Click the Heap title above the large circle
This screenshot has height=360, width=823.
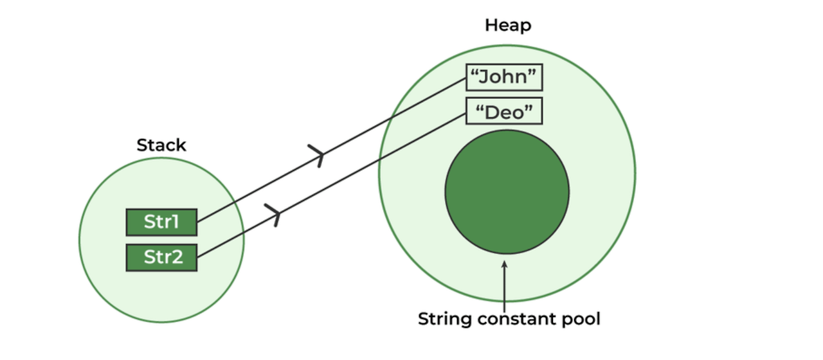click(x=508, y=26)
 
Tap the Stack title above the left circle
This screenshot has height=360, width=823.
click(x=161, y=145)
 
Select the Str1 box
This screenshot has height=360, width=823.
click(x=161, y=222)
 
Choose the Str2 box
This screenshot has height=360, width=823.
click(x=161, y=258)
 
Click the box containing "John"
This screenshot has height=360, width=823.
click(x=504, y=77)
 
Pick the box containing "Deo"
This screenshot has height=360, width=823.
click(x=504, y=113)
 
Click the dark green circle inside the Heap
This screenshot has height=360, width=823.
click(x=507, y=192)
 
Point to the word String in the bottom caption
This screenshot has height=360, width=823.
click(x=440, y=319)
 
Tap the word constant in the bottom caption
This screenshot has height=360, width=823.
click(x=518, y=319)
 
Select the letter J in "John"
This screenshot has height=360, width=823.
click(x=487, y=78)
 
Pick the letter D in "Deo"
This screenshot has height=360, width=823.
click(x=492, y=113)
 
